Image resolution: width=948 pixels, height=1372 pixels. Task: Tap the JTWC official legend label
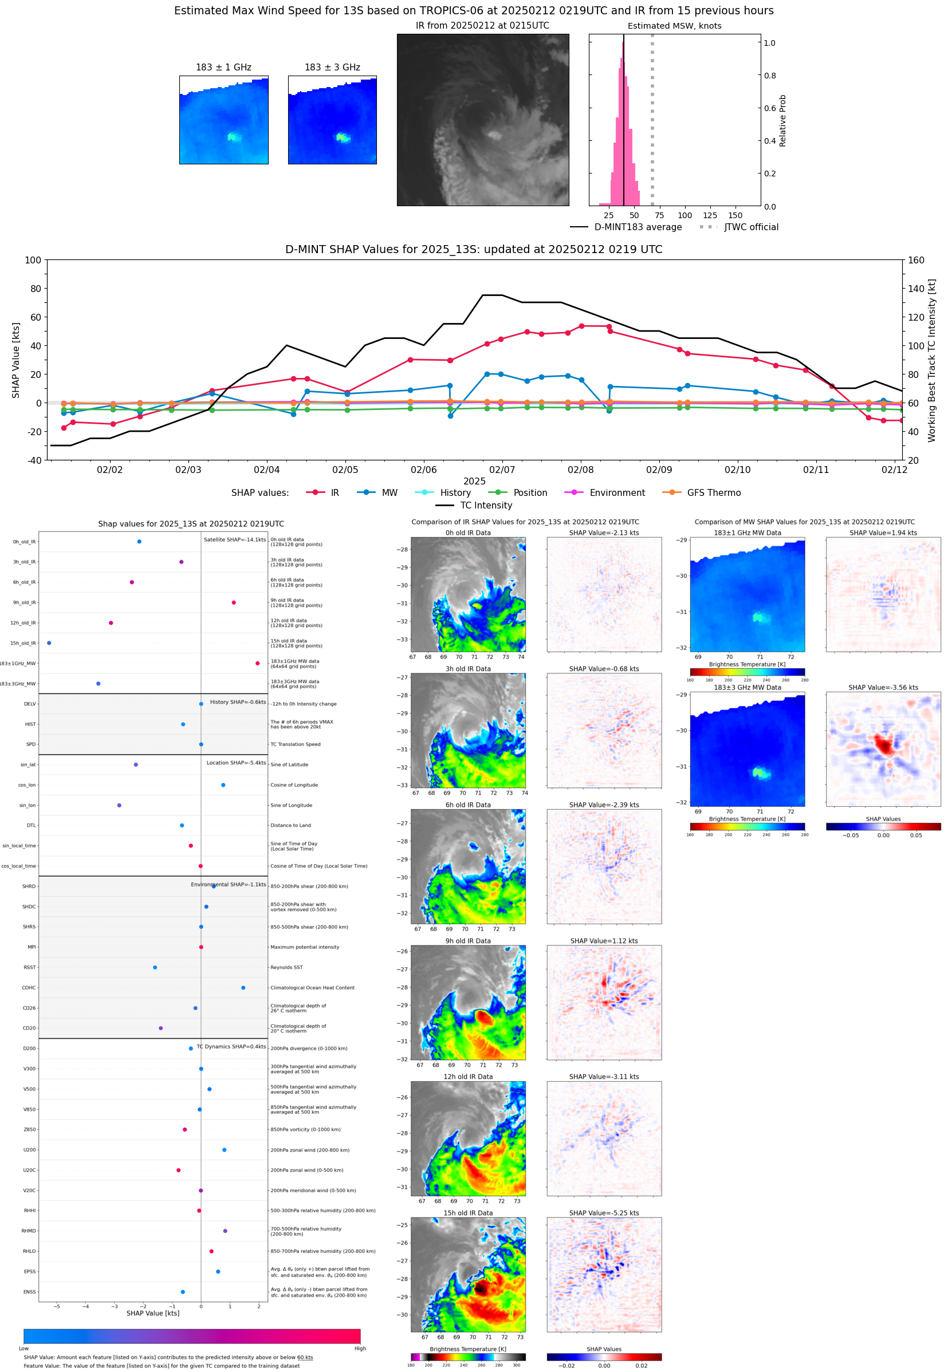[751, 227]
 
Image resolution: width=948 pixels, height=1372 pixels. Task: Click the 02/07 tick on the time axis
[502, 470]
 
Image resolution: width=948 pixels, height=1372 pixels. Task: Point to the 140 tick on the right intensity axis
[916, 289]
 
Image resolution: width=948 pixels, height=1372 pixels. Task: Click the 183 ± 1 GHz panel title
[223, 68]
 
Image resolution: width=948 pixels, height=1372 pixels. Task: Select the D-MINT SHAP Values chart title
[473, 249]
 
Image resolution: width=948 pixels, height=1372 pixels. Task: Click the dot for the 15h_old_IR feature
[49, 643]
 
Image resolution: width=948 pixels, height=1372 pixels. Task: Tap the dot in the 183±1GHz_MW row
[257, 663]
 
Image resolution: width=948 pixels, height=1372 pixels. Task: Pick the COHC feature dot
[243, 988]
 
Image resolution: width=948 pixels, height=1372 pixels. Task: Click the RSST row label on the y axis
[30, 968]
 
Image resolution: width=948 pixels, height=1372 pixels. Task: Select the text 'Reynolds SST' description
[286, 968]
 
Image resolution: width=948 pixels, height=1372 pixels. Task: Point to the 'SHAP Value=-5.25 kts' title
[604, 1213]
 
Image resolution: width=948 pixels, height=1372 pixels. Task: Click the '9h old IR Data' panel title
[468, 941]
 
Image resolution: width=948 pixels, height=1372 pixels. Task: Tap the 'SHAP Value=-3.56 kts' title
[883, 688]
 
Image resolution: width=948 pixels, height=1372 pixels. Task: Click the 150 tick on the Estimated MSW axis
[735, 215]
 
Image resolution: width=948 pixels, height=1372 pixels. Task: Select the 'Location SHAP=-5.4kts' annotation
[236, 763]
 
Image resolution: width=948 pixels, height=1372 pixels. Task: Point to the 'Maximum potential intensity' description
[305, 947]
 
